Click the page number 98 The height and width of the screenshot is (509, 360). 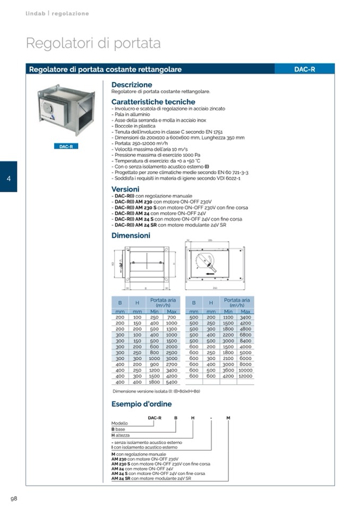click(14, 498)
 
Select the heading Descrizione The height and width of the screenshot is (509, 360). click(132, 85)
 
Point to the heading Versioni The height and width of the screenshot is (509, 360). click(125, 189)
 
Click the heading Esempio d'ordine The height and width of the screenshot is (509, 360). click(141, 404)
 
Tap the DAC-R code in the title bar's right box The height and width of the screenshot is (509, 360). click(304, 70)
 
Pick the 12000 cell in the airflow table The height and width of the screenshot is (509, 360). click(245, 376)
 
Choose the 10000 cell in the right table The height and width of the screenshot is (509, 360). click(245, 370)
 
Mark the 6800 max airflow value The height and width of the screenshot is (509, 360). click(245, 335)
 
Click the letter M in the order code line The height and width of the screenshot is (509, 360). click(228, 418)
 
